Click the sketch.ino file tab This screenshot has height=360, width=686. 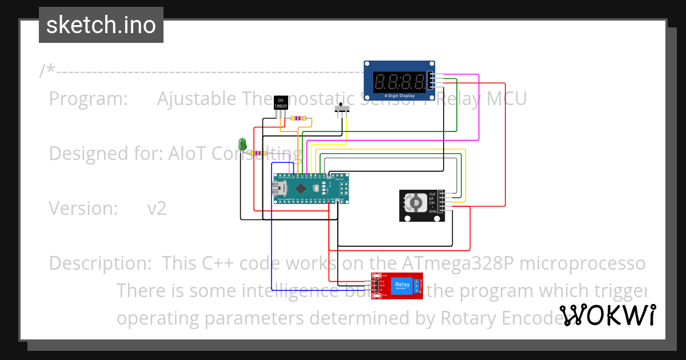[101, 25]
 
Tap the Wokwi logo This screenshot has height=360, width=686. [607, 315]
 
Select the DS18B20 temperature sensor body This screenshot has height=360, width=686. [281, 103]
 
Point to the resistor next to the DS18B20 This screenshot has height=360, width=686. [298, 118]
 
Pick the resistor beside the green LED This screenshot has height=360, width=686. [260, 153]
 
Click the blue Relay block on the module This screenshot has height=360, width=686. [402, 285]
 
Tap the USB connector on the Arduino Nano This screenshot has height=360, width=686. [280, 188]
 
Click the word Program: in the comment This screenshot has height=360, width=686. [88, 99]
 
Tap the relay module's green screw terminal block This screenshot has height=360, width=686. [418, 285]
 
